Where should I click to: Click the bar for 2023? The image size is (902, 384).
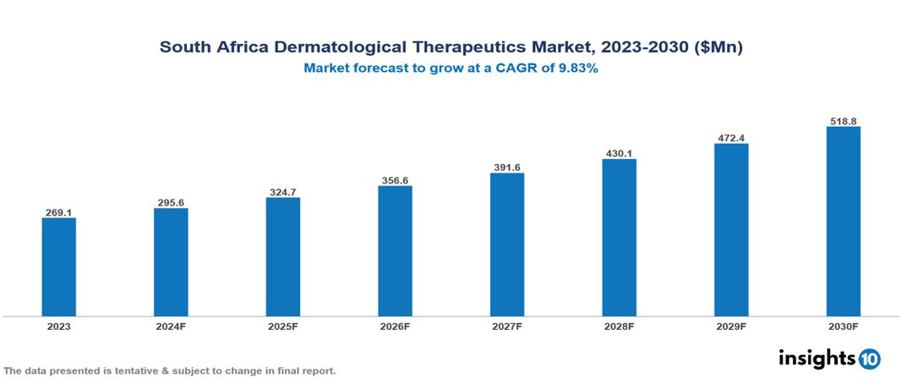pyautogui.click(x=59, y=267)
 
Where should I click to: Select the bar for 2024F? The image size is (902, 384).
pyautogui.click(x=171, y=262)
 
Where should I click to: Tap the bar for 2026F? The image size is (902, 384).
pyautogui.click(x=395, y=251)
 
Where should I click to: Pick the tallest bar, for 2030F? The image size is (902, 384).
pyautogui.click(x=843, y=222)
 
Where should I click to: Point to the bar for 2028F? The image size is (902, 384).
pyautogui.click(x=619, y=238)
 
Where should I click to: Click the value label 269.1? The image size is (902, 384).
pyautogui.click(x=59, y=212)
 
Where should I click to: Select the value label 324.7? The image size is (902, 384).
pyautogui.click(x=283, y=192)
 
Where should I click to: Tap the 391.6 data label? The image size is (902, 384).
pyautogui.click(x=507, y=167)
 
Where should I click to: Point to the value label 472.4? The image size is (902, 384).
pyautogui.click(x=731, y=138)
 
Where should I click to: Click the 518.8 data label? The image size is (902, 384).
pyautogui.click(x=843, y=121)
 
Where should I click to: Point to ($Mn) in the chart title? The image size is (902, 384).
pyautogui.click(x=718, y=47)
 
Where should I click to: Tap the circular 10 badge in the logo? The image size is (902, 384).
pyautogui.click(x=870, y=359)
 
